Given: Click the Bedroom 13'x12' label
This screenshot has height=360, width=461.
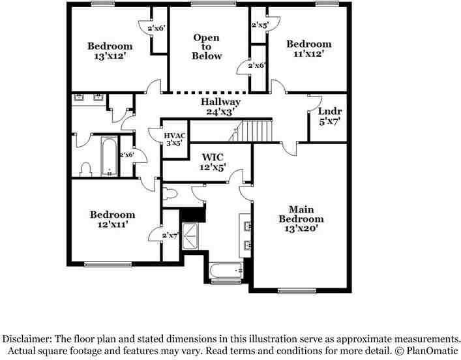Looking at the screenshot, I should (x=110, y=51).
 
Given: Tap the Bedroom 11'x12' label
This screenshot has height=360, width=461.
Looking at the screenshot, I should (x=308, y=49).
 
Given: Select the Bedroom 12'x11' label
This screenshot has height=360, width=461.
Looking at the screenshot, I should (x=112, y=219).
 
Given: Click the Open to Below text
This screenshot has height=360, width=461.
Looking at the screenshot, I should (x=206, y=47).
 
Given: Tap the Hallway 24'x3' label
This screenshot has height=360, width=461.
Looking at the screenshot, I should (x=220, y=107).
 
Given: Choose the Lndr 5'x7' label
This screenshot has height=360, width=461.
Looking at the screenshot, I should (x=329, y=116).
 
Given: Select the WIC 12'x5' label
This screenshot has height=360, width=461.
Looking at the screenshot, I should (x=213, y=162).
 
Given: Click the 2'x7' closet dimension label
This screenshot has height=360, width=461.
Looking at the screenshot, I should (x=170, y=234).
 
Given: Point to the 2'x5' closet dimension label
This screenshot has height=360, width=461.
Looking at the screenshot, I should (x=260, y=25).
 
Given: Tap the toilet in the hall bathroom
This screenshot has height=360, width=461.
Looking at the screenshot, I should (x=84, y=170).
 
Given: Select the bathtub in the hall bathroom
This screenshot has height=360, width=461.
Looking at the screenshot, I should (x=108, y=157).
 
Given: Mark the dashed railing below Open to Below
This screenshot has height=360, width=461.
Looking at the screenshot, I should (x=208, y=92).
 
